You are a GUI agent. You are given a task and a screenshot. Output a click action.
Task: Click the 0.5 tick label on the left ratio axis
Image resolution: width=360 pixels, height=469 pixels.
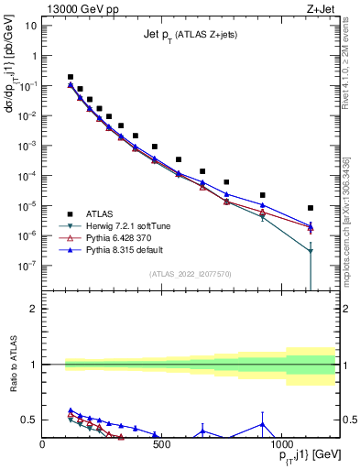click(x=28, y=420)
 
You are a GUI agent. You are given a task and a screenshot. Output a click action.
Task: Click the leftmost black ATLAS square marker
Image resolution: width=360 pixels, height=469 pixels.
click(x=71, y=77)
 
